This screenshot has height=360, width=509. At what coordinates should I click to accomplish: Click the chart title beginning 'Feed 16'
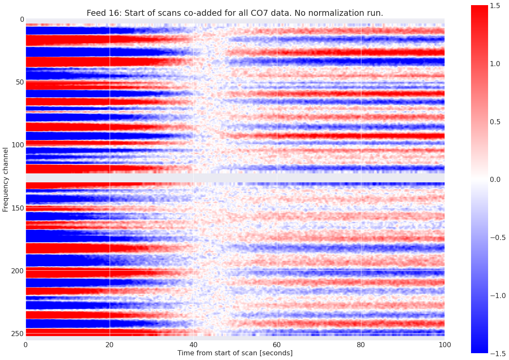tap(235, 13)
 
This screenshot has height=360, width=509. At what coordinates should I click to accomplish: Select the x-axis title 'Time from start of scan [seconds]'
tap(235, 353)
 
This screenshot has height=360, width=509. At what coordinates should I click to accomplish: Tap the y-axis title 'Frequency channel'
tap(6, 179)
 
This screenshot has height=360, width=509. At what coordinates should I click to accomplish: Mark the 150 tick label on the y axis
tap(15, 208)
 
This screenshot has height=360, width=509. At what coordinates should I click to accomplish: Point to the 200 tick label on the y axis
tap(15, 271)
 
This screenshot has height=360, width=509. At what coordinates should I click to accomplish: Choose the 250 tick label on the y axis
tap(15, 333)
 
